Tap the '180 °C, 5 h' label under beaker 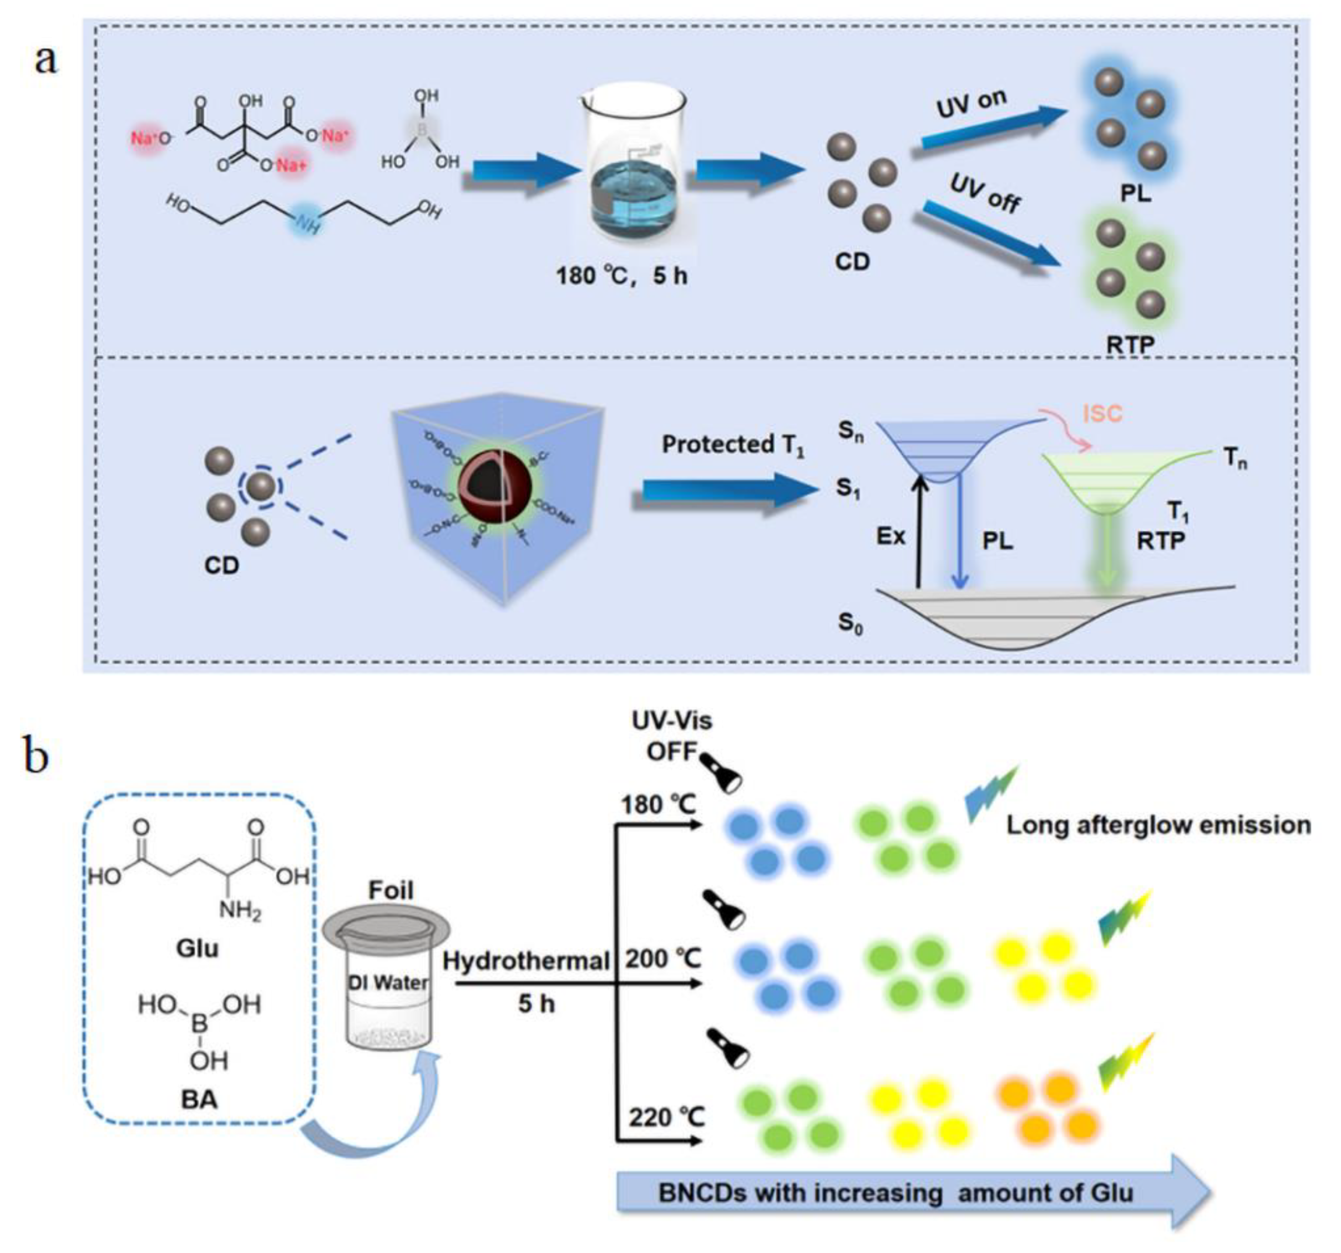click(621, 276)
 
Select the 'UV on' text click(971, 104)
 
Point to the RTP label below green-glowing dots click(1131, 344)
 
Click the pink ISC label click(1102, 413)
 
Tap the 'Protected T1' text click(732, 445)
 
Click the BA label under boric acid click(199, 1099)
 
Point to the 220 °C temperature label click(666, 1118)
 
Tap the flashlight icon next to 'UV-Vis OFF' click(720, 774)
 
